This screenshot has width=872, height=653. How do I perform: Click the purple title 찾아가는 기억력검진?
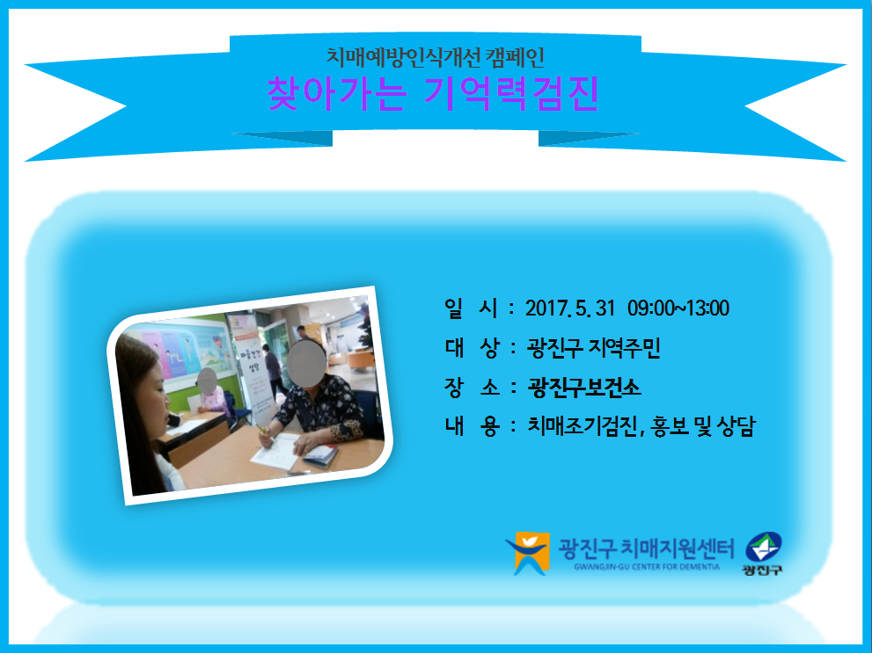click(x=433, y=93)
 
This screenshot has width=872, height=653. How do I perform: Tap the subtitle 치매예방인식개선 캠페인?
click(x=435, y=56)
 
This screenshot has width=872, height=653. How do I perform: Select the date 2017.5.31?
click(x=569, y=308)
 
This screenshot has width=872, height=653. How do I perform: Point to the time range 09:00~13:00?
click(x=678, y=308)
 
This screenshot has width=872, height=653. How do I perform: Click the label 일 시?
click(x=471, y=308)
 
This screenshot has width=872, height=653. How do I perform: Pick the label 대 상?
click(x=472, y=348)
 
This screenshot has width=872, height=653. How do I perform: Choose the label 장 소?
click(x=472, y=388)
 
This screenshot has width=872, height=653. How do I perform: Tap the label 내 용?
click(x=472, y=426)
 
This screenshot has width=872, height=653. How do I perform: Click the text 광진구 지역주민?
click(x=593, y=348)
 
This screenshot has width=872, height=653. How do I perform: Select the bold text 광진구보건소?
click(x=584, y=388)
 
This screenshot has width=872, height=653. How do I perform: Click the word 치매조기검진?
click(x=582, y=426)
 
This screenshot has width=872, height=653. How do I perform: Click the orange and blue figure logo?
click(x=527, y=553)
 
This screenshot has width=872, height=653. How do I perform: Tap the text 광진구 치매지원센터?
click(x=646, y=548)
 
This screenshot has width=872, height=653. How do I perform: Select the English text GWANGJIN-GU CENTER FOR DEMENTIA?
click(x=647, y=567)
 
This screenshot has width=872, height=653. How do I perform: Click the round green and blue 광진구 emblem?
click(x=763, y=548)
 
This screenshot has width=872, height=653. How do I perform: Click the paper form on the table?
click(x=276, y=450)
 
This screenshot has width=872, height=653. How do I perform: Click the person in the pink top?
click(x=211, y=395)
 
